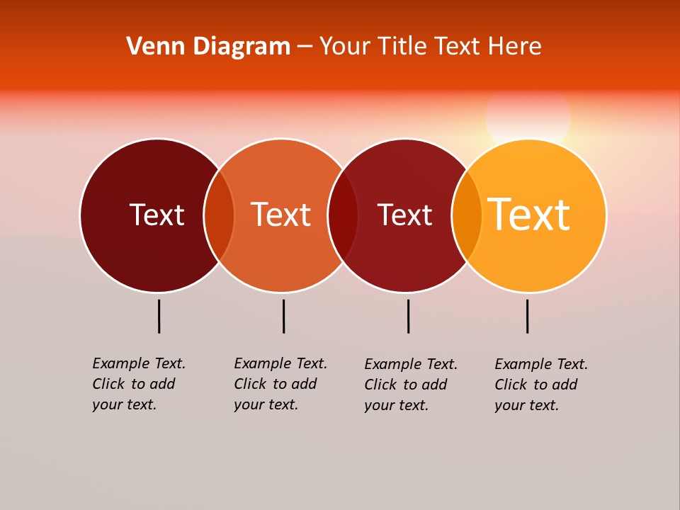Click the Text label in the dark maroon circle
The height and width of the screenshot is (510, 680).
point(157,215)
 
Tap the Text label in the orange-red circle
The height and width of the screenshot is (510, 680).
point(280,215)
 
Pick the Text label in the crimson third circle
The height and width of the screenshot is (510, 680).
point(404,215)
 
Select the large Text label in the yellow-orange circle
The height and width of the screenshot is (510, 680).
point(528,215)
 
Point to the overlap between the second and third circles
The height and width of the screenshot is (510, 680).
point(343,215)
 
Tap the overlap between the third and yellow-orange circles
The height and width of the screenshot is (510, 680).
point(467,215)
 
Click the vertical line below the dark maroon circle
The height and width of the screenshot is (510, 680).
point(159,316)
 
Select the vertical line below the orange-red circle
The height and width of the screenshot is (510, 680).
point(283,316)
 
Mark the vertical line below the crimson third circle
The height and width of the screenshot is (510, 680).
point(408,316)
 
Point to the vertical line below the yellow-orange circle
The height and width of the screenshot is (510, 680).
point(527,316)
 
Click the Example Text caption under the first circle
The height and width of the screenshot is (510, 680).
point(139,384)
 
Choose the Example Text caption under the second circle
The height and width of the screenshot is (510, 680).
point(280,384)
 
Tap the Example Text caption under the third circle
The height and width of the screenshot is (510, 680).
point(411,385)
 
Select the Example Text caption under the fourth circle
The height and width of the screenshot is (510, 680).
point(541,385)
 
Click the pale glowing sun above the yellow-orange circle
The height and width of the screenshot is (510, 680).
point(528,118)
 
